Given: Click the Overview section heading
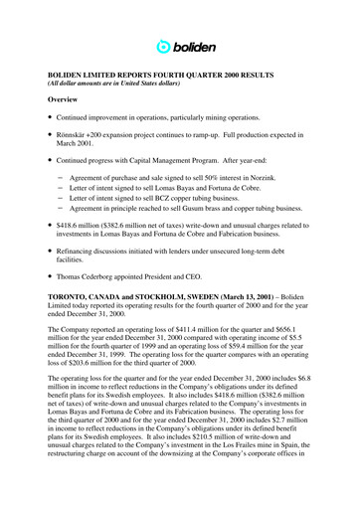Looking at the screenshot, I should point(56,100).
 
